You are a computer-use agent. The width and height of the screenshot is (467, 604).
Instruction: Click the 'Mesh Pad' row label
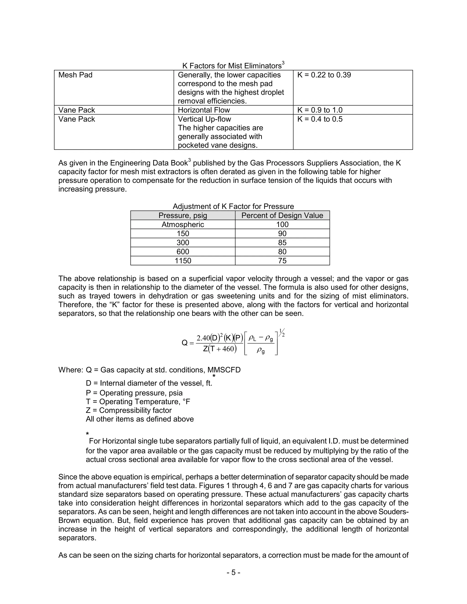coord(75,75)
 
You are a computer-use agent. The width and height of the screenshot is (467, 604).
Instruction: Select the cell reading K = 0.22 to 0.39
coord(324,75)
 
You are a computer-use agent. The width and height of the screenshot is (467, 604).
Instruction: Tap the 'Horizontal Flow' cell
coord(204,110)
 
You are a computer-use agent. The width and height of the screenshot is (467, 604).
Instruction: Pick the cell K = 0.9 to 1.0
coord(320,110)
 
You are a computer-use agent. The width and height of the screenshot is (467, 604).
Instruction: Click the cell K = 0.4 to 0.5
coord(320,119)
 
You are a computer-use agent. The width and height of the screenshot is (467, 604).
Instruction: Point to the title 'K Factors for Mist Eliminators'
coord(232,66)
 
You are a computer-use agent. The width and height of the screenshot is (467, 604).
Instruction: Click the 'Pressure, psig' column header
coord(183,215)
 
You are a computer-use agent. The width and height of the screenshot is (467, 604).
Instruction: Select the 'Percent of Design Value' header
coord(282,215)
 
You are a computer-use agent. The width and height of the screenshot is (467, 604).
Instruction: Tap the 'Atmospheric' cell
coord(183,225)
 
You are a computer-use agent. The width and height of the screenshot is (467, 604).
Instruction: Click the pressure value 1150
coord(183,261)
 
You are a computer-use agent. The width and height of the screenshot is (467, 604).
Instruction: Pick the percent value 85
coord(282,243)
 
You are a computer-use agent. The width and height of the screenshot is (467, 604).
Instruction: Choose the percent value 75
coord(282,261)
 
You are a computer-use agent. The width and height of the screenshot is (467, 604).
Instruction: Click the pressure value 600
coord(183,252)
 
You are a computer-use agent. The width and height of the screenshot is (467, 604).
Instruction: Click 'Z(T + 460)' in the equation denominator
coord(220,349)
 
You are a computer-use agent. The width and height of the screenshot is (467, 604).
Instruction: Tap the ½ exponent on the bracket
coord(282,333)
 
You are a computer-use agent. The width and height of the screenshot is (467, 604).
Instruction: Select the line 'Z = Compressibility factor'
coord(129,410)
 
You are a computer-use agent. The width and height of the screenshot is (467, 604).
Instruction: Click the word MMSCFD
coord(224,370)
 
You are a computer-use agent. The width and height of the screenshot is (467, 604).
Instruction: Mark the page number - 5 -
coord(233,573)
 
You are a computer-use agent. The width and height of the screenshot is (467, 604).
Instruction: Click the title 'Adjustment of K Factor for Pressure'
coord(233,206)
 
